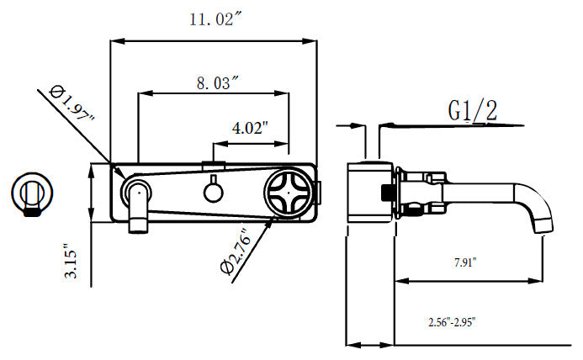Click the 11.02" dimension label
[216, 19]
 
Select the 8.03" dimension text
[218, 82]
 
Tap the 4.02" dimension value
[250, 128]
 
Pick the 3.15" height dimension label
[71, 261]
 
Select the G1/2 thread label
[472, 110]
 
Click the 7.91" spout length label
[465, 262]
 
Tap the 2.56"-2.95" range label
[452, 322]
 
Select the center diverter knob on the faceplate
[214, 189]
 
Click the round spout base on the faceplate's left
[136, 192]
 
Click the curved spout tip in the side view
[541, 220]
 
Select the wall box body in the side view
[370, 193]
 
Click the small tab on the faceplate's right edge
[319, 193]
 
